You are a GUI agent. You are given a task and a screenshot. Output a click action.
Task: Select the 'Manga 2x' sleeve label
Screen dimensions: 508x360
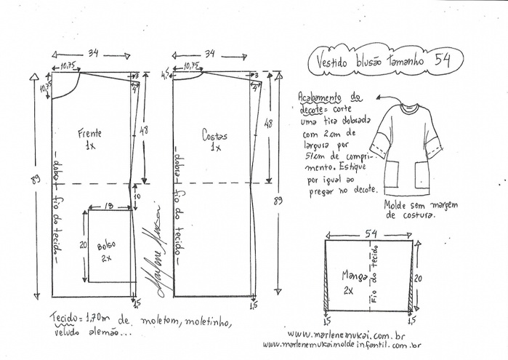pyautogui.click(x=356, y=281)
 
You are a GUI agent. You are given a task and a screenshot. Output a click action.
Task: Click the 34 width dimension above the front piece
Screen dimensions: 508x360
pyautogui.click(x=94, y=53)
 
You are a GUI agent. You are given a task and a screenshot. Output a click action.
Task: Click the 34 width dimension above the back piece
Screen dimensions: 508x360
pyautogui.click(x=211, y=53)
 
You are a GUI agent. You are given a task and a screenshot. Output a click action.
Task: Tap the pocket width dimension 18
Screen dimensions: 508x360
pyautogui.click(x=108, y=207)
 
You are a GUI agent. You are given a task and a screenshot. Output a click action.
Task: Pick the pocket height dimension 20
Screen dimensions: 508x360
pyautogui.click(x=83, y=245)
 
